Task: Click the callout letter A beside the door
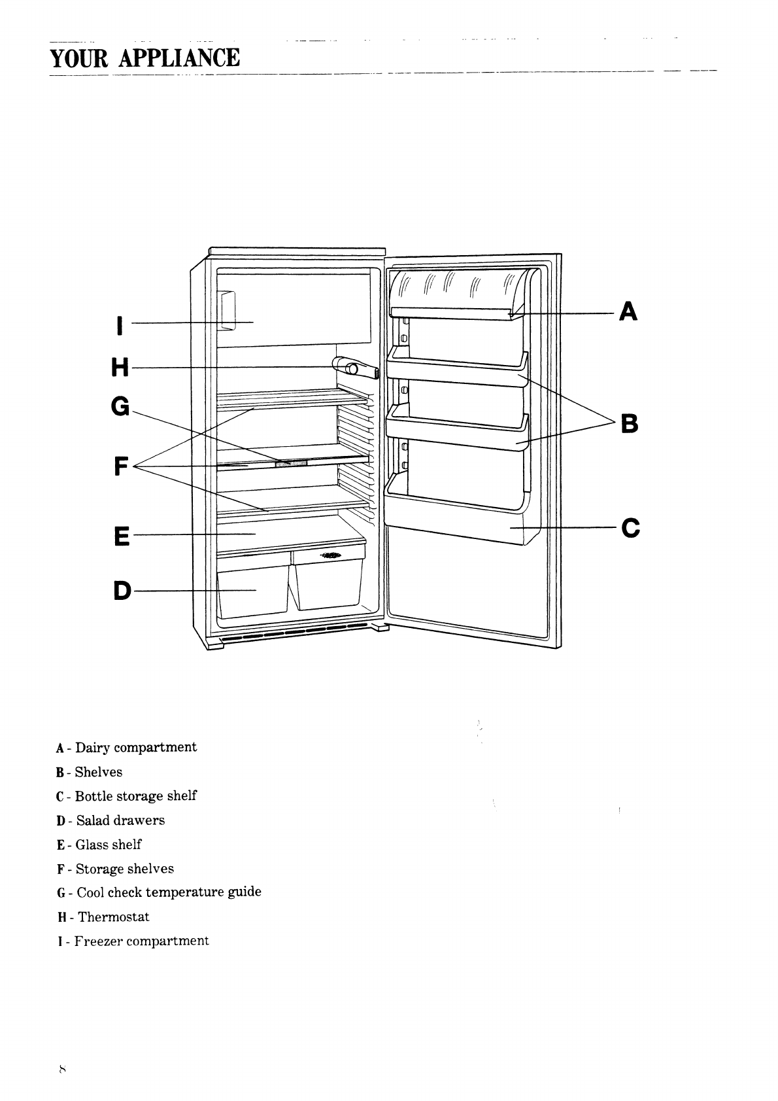628,311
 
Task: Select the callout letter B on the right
629,424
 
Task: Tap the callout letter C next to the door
630,527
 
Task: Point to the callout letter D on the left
122,591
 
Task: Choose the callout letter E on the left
122,536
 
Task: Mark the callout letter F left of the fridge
120,466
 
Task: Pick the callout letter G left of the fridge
121,407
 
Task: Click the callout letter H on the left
120,368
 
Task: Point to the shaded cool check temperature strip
291,463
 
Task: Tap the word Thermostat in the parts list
114,917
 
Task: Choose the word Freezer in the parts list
98,941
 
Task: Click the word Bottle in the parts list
93,796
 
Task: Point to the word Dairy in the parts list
92,748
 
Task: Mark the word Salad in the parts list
93,820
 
